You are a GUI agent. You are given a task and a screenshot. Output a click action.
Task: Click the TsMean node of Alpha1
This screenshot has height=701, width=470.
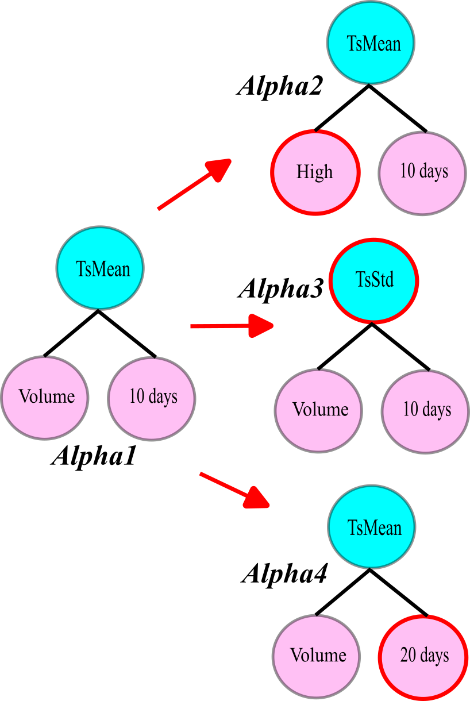click(100, 268)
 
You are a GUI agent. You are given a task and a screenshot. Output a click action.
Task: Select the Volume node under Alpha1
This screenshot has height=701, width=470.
click(45, 397)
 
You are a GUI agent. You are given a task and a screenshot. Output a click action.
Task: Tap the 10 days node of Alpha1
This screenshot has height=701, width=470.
click(152, 397)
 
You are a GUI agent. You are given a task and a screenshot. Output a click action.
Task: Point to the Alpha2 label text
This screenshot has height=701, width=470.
click(279, 86)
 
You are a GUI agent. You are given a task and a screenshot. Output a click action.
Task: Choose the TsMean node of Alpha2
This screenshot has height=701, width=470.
click(371, 43)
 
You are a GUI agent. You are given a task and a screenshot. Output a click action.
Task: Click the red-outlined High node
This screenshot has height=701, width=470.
click(315, 172)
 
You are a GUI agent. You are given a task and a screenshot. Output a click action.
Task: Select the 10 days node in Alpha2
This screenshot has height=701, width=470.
click(422, 172)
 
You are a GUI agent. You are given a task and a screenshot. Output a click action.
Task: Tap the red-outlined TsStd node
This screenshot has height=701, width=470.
click(374, 280)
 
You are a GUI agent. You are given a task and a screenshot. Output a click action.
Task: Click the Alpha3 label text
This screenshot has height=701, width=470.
click(281, 288)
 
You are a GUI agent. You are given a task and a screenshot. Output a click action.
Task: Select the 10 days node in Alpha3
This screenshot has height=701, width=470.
click(426, 410)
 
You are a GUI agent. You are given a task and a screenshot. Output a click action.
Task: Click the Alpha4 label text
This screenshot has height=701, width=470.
click(284, 573)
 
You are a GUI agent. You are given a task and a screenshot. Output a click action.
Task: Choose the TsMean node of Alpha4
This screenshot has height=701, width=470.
click(372, 527)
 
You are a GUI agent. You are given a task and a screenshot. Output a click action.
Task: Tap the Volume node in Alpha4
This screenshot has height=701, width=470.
click(317, 656)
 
